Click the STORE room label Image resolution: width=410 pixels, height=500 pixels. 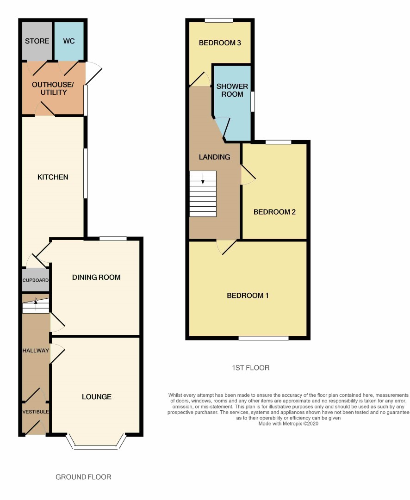click(x=37, y=41)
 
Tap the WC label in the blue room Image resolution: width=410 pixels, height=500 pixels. click(x=69, y=41)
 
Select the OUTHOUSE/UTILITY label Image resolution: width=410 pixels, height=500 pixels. click(x=53, y=88)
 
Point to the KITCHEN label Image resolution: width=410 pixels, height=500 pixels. click(x=53, y=177)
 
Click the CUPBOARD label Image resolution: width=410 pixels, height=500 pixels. click(x=36, y=280)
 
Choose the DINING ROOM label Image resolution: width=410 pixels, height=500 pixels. click(x=96, y=278)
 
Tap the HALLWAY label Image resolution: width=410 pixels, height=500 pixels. click(x=36, y=351)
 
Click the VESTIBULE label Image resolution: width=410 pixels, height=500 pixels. click(x=36, y=412)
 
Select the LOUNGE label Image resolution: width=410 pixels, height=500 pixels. click(x=97, y=397)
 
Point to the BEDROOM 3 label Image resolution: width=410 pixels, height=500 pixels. click(x=220, y=43)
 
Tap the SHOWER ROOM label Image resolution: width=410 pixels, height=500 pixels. click(x=232, y=90)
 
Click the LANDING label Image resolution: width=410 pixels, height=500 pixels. click(x=214, y=157)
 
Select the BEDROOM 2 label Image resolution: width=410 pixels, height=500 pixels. click(x=274, y=212)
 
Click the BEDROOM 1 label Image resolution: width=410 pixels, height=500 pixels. click(x=248, y=296)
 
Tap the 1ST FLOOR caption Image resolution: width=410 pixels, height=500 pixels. click(x=250, y=368)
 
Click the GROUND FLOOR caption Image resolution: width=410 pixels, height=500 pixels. click(x=83, y=477)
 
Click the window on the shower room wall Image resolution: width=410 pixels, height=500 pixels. click(x=253, y=102)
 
